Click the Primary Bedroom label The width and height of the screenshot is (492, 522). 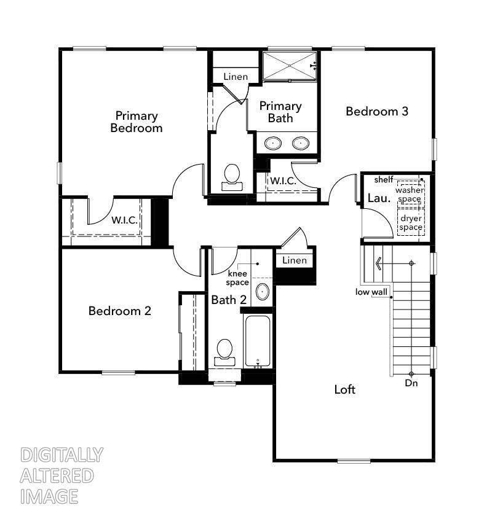[x=137, y=122]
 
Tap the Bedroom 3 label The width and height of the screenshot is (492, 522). [x=377, y=111]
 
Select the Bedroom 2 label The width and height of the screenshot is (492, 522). [x=120, y=311]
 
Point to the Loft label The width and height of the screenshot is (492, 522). [x=344, y=389]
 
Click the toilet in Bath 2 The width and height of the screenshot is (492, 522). [x=224, y=353]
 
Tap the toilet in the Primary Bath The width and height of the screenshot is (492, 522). [x=232, y=177]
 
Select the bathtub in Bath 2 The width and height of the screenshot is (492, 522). [x=257, y=341]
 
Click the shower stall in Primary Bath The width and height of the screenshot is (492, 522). [x=289, y=66]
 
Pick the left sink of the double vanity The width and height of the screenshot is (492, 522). [x=273, y=143]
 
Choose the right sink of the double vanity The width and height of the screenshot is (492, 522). [x=301, y=143]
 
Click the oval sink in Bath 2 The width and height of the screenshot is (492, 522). [x=263, y=292]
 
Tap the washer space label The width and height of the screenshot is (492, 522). [x=410, y=195]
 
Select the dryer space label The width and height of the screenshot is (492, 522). [x=411, y=223]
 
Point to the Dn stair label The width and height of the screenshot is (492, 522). [x=411, y=383]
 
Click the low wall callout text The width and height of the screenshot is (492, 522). [x=371, y=292]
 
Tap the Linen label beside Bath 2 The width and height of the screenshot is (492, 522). [x=295, y=260]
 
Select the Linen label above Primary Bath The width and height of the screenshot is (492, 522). [x=236, y=77]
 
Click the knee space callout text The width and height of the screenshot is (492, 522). [x=237, y=278]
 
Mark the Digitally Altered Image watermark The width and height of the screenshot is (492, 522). [x=61, y=475]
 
